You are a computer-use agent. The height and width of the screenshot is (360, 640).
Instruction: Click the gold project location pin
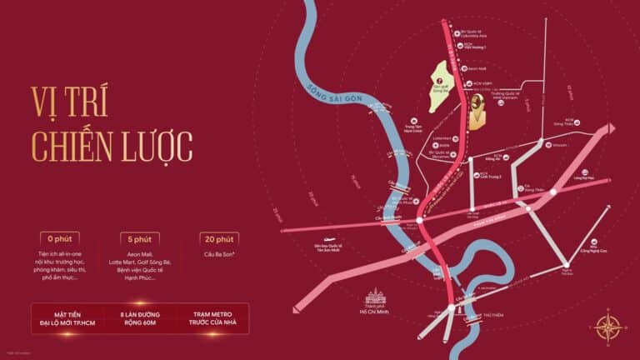point(476,111)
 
